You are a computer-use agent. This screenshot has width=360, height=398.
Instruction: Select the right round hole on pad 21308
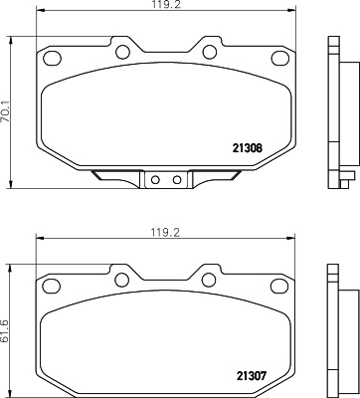pyautogui.click(x=211, y=50)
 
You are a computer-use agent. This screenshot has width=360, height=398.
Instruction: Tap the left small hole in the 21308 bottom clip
pyautogui.click(x=156, y=180)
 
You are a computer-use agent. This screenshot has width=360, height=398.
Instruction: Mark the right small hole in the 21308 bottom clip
pyautogui.click(x=176, y=180)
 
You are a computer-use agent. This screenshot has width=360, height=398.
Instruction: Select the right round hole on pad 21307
pyautogui.click(x=211, y=277)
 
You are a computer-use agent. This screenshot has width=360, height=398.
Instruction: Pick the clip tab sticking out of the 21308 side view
pyautogui.click(x=349, y=180)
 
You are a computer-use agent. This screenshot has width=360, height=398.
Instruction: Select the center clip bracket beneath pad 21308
pyautogui.click(x=166, y=181)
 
